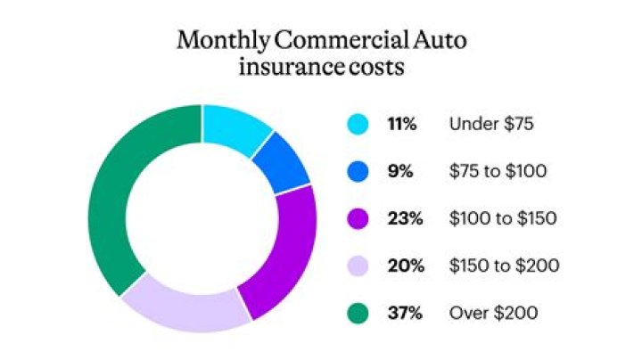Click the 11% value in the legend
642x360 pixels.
(x=402, y=125)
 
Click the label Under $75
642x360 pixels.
(x=491, y=125)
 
